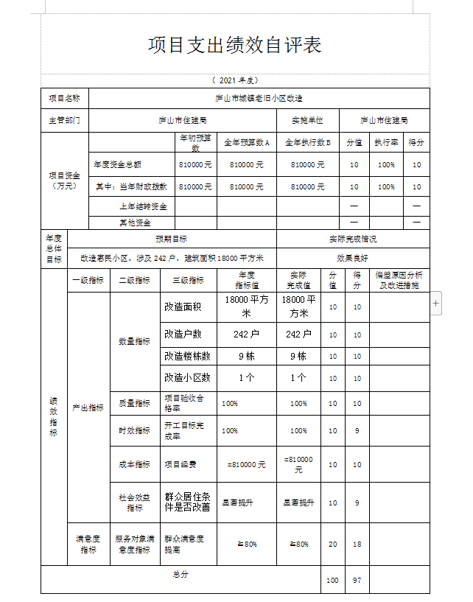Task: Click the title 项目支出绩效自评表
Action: tap(235, 45)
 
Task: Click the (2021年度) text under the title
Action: tap(234, 80)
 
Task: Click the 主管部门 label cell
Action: tap(64, 120)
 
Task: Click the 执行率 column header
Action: tap(386, 143)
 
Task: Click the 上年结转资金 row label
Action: tap(143, 206)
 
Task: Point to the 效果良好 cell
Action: tap(352, 259)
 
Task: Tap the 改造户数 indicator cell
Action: tap(182, 335)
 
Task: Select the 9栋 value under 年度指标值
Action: tap(246, 357)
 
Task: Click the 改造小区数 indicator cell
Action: tap(187, 378)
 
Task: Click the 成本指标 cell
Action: tap(135, 465)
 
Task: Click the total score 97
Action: tap(357, 581)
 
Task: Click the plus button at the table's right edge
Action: tap(436, 302)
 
